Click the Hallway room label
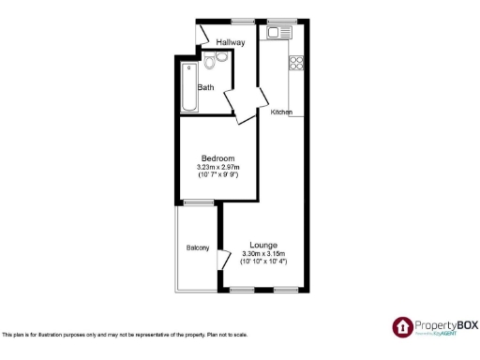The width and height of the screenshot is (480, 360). (x=230, y=42)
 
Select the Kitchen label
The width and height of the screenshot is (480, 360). (x=281, y=112)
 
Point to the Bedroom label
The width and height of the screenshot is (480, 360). (x=217, y=157)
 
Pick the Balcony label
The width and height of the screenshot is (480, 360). (x=197, y=247)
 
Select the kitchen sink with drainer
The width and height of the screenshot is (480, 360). (x=279, y=33)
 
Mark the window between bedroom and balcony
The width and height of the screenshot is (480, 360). (x=198, y=202)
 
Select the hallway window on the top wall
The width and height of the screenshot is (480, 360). (x=244, y=20)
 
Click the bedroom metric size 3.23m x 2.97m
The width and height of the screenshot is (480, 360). (x=217, y=167)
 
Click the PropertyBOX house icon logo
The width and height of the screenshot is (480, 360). (x=402, y=326)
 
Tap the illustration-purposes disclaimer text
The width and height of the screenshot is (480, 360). (x=125, y=334)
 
